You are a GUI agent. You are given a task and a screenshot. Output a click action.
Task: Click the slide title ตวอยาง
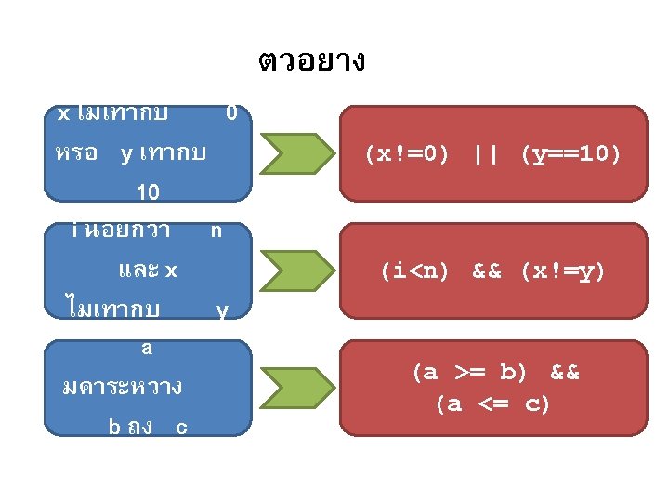tap(311, 62)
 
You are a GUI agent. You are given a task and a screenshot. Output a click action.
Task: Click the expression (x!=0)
tap(407, 153)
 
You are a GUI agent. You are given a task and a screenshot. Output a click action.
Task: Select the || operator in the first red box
tap(484, 153)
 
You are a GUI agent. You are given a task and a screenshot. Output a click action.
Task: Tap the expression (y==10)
tap(571, 153)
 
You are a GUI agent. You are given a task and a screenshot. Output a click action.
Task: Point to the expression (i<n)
tap(414, 271)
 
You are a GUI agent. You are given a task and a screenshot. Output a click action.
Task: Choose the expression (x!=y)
tap(562, 271)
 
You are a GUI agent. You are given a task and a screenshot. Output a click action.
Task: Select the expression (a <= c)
tap(492, 404)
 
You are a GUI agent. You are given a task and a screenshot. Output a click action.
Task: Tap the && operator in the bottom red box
tap(565, 373)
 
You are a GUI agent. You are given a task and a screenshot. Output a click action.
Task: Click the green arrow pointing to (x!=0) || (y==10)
tap(296, 153)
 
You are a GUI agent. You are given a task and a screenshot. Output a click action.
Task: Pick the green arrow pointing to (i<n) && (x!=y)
tap(296, 271)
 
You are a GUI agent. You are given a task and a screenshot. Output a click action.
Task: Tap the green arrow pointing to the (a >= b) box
tap(296, 388)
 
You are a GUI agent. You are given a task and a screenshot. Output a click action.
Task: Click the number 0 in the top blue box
tap(231, 113)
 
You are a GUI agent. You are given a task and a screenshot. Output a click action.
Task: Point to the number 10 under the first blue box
tap(148, 192)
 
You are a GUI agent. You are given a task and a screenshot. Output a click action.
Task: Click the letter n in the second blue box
tap(216, 230)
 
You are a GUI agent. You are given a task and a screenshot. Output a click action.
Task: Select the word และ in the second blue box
tap(138, 271)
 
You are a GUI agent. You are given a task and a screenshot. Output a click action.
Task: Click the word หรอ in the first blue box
tap(76, 153)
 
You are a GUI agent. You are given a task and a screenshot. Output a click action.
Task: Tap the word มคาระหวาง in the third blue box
tap(121, 386)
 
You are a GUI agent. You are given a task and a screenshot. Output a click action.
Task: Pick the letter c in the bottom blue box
tap(181, 428)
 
